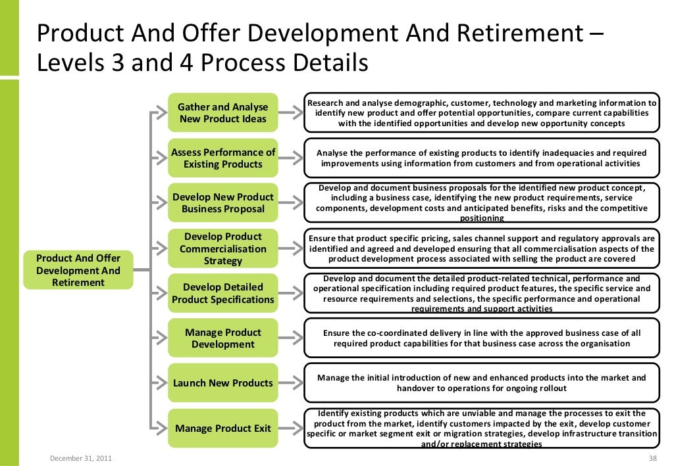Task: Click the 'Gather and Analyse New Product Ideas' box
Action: pos(222,113)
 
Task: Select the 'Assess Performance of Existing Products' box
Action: pos(222,158)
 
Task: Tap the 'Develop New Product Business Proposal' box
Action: pos(222,203)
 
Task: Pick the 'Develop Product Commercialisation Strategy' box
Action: pos(222,248)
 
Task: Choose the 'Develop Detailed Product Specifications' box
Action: pos(222,293)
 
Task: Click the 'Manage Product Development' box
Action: pos(222,338)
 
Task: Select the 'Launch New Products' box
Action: pos(222,383)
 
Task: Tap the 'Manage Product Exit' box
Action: pos(222,429)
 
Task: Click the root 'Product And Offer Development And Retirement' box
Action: pos(78,270)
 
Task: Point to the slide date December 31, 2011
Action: pos(80,457)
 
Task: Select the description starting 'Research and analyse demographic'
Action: pos(482,113)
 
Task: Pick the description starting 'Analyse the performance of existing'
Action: pos(482,158)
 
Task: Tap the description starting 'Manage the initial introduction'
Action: pos(482,383)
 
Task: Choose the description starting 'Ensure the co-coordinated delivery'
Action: pos(482,338)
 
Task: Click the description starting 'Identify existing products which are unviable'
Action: pos(482,429)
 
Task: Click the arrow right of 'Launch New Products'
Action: pos(290,383)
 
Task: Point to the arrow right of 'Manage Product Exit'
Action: pos(290,429)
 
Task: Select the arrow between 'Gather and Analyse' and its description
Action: pos(290,113)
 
